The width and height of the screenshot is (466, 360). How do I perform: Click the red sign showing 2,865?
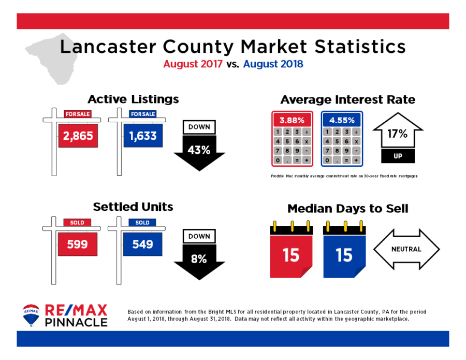click(x=78, y=136)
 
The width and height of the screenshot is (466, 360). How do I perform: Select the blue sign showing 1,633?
click(x=143, y=136)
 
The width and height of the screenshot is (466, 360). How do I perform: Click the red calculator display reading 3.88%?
click(x=292, y=120)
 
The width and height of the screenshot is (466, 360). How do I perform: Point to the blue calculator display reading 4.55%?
click(x=342, y=120)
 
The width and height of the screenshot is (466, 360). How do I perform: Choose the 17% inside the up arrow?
click(x=397, y=134)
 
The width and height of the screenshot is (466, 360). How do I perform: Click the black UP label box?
click(x=398, y=156)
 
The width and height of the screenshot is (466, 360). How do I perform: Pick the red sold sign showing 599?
click(x=77, y=244)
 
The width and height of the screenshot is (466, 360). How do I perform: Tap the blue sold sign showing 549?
click(x=143, y=244)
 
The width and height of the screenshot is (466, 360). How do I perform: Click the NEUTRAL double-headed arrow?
click(x=406, y=249)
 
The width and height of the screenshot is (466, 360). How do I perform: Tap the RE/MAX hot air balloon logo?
click(x=31, y=315)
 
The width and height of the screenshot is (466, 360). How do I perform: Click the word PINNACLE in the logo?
click(x=76, y=322)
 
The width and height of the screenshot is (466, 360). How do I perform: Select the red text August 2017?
click(x=193, y=64)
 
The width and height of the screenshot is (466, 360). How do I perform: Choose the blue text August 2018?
click(x=273, y=64)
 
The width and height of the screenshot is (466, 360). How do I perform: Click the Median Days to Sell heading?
click(x=348, y=208)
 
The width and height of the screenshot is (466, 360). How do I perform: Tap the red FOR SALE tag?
click(x=78, y=114)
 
